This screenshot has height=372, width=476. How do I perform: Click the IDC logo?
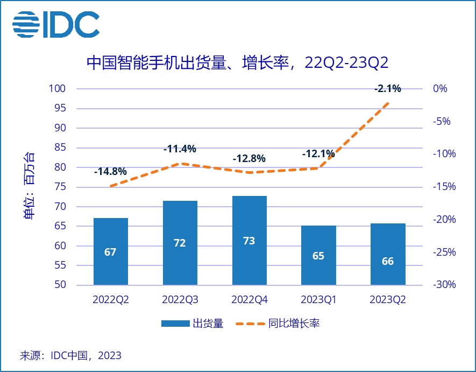pyautogui.click(x=56, y=24)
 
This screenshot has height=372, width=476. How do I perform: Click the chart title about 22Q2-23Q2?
pyautogui.click(x=237, y=63)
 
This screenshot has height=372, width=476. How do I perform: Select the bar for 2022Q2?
pyautogui.click(x=111, y=251)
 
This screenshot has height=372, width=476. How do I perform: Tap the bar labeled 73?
pyautogui.click(x=249, y=240)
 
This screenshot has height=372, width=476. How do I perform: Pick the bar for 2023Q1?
pyautogui.click(x=318, y=255)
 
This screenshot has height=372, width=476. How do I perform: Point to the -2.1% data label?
pyautogui.click(x=388, y=88)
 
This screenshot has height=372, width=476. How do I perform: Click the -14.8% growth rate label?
pyautogui.click(x=110, y=172)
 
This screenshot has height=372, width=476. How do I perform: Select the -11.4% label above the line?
pyautogui.click(x=180, y=149)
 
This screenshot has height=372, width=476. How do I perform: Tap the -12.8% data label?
pyautogui.click(x=249, y=159)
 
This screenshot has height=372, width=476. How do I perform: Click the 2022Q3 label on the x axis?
pyautogui.click(x=180, y=299)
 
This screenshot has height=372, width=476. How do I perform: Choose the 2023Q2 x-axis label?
pyautogui.click(x=388, y=299)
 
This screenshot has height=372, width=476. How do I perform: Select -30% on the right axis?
pyautogui.click(x=444, y=285)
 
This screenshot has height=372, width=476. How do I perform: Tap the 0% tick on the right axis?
pyautogui.click(x=440, y=89)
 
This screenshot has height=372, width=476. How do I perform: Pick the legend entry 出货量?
pyautogui.click(x=192, y=324)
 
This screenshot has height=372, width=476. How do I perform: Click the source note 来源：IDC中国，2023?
pyautogui.click(x=70, y=355)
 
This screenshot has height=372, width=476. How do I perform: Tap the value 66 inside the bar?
pyautogui.click(x=388, y=262)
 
